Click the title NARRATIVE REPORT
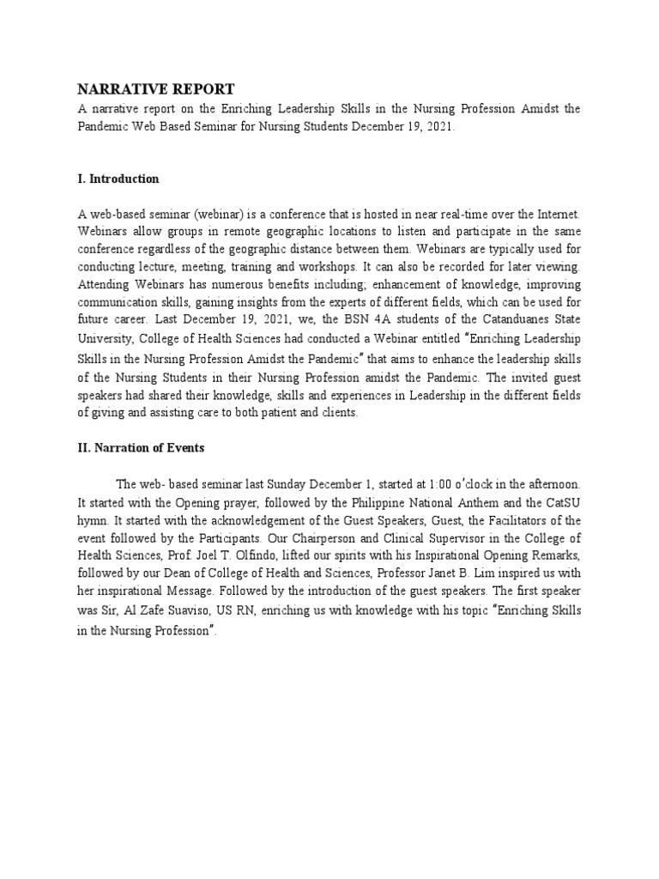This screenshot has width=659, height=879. (155, 89)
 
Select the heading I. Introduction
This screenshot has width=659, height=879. (118, 179)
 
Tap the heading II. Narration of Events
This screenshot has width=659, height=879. (141, 447)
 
